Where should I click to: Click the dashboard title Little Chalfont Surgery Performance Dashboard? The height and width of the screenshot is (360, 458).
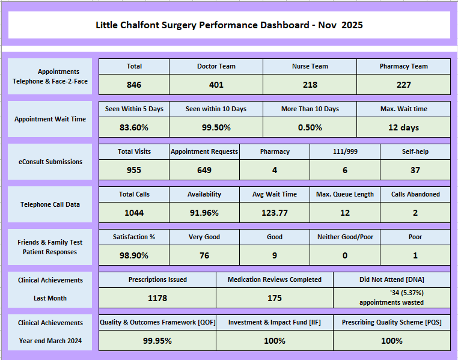[229, 25]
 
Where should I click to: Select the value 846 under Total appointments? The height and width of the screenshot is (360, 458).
[133, 85]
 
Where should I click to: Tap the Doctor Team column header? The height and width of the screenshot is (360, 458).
[216, 66]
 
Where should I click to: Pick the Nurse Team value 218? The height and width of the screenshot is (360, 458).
[310, 85]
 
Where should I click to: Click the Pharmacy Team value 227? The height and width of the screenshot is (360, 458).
[403, 85]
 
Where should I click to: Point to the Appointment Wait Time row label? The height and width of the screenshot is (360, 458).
[50, 119]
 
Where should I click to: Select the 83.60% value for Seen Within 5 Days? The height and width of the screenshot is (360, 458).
[133, 127]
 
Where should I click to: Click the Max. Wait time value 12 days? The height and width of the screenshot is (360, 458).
[403, 127]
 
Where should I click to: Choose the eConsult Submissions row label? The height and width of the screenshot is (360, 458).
[50, 162]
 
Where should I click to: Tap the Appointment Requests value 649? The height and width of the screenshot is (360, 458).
[204, 170]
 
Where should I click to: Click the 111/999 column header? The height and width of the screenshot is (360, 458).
[345, 151]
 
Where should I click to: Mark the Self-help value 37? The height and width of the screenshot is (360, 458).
[415, 170]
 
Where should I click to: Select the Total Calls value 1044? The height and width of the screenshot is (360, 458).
[133, 213]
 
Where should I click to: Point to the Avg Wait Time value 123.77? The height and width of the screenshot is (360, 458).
[274, 213]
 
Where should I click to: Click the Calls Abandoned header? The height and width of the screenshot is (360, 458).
[415, 194]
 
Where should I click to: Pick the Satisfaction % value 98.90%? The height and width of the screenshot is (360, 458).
[133, 255]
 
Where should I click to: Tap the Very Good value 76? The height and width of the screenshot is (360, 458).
[204, 255]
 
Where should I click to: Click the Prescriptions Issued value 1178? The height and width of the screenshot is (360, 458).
[157, 298]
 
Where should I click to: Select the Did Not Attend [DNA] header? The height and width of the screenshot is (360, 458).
[391, 279]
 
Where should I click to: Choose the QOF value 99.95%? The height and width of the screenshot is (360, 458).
[157, 341]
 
